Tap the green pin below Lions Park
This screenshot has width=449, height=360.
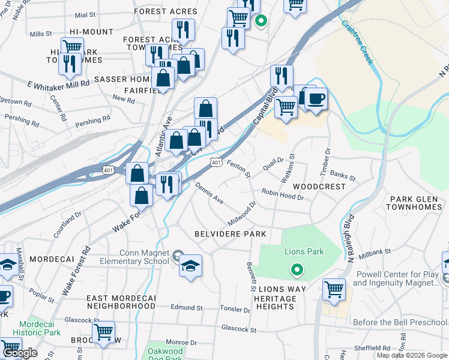tap(295, 271)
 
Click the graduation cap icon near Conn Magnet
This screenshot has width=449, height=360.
tap(190, 265)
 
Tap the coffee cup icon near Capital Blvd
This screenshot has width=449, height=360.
tap(316, 98)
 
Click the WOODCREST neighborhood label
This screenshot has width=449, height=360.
tap(319, 187)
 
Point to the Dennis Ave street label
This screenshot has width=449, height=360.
tap(209, 193)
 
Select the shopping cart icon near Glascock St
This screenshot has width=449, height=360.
tap(104, 332)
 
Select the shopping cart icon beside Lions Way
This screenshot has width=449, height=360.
tap(334, 289)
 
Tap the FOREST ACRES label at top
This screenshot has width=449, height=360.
tap(166, 11)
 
